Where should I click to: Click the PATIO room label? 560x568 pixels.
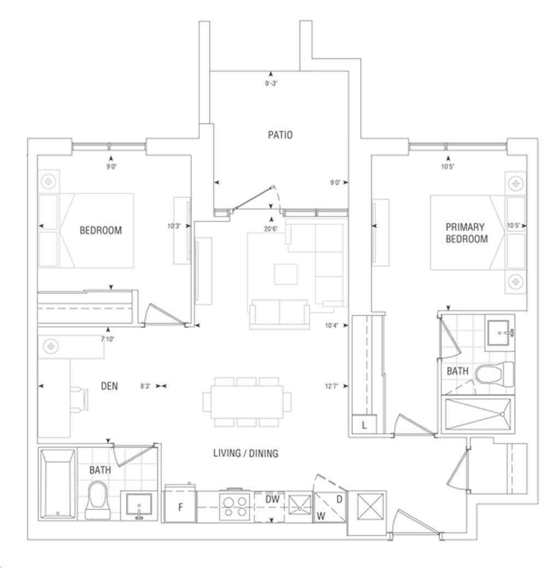click(280, 135)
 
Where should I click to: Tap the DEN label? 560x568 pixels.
click(109, 386)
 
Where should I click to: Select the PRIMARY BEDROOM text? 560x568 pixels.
click(466, 233)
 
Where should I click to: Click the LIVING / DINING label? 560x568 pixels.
click(246, 453)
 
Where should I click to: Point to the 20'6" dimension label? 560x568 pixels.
click(271, 229)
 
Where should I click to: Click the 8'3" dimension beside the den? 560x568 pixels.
click(145, 386)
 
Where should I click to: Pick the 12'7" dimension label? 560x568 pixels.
click(331, 386)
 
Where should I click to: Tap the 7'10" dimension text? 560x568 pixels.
click(108, 339)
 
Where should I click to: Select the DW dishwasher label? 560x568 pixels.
click(272, 500)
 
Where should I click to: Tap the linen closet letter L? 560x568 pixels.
click(364, 425)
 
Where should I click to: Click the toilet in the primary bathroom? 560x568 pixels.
click(494, 374)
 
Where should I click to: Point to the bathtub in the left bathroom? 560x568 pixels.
click(58, 484)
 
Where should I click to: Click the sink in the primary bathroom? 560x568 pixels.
click(500, 333)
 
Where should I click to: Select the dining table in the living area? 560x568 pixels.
click(247, 401)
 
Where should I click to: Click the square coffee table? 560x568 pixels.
click(285, 274)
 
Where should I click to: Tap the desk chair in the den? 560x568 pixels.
click(79, 399)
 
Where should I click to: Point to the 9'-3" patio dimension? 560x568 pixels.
click(271, 83)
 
